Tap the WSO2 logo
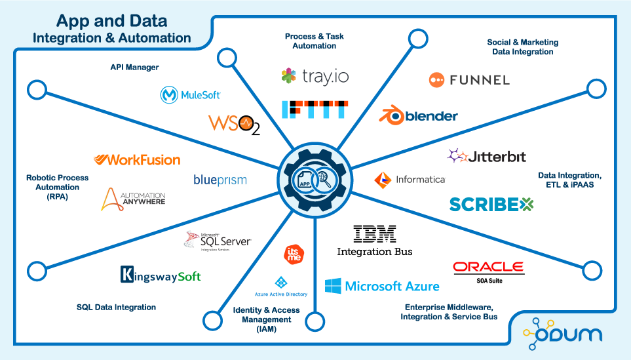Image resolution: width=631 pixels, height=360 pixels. tap(234, 124)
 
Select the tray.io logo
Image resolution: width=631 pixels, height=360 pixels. tap(315, 76)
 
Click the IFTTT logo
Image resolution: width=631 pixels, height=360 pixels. tap(315, 110)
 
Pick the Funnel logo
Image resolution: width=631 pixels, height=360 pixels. tap(469, 80)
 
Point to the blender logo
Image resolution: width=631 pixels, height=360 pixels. tap(419, 116)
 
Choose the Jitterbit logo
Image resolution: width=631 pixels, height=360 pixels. tap(487, 156)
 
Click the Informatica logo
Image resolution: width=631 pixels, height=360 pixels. tap(410, 179)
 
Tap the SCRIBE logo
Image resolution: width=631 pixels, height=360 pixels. tap(491, 204)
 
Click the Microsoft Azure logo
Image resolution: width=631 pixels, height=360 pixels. tap(382, 286)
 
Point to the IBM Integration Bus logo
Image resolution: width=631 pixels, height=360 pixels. tap(375, 241)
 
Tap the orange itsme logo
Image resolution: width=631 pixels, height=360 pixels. tap(293, 254)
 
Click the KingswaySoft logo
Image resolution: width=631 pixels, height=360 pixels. tap(161, 275)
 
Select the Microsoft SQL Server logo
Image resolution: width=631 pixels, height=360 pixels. tap(217, 241)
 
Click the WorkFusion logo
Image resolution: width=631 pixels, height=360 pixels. tap(137, 159)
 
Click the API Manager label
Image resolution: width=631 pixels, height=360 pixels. tap(134, 67)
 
